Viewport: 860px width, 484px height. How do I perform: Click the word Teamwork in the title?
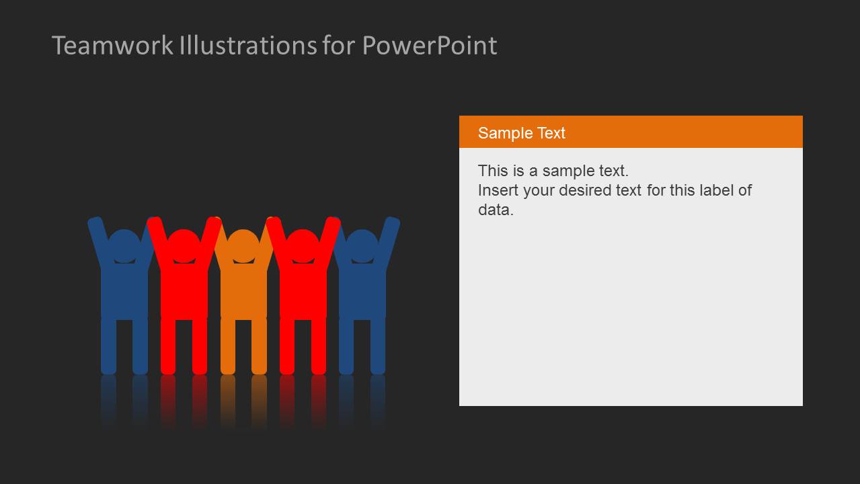[x=113, y=46]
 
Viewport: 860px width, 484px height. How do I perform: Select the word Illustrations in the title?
[x=248, y=46]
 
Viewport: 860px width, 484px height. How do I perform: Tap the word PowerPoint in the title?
[x=430, y=46]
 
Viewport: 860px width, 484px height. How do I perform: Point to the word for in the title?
[x=340, y=46]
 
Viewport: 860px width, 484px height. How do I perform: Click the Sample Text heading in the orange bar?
[x=521, y=133]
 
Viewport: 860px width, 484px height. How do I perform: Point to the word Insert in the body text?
[x=498, y=190]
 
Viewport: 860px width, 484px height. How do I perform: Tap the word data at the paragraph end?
[x=496, y=210]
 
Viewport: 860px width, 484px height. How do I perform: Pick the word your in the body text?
[x=539, y=190]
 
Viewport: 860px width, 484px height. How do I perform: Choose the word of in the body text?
[x=745, y=190]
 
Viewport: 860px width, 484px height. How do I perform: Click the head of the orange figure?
[x=243, y=244]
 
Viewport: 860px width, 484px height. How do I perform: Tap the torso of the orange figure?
[x=243, y=289]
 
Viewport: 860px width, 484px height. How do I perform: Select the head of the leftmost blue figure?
[x=124, y=244]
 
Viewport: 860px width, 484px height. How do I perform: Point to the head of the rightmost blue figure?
[x=362, y=244]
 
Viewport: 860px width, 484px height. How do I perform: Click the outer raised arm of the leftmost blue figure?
[x=97, y=239]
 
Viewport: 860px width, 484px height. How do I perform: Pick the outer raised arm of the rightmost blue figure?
[x=389, y=239]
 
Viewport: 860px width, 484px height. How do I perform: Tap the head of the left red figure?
[x=184, y=244]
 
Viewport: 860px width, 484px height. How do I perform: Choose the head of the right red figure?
[x=303, y=244]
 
